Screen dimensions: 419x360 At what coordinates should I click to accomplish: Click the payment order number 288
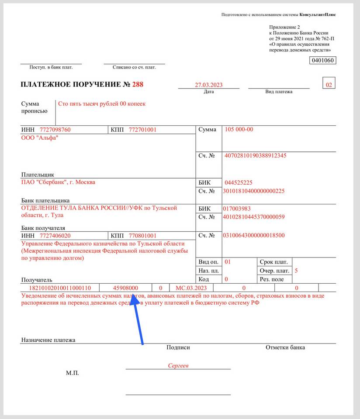click(x=138, y=84)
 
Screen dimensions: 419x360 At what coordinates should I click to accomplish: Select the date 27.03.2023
click(x=209, y=85)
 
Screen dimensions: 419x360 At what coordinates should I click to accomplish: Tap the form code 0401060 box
click(x=323, y=61)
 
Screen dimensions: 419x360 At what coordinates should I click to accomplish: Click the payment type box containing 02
click(x=329, y=84)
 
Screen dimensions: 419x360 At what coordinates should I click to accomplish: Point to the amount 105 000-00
click(x=239, y=129)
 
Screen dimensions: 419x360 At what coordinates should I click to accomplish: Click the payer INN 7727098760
click(x=55, y=130)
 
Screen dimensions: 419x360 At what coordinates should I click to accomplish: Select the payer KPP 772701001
click(x=142, y=130)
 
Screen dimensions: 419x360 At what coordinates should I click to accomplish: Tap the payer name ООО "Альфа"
click(x=40, y=138)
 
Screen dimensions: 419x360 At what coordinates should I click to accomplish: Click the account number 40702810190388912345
click(x=256, y=155)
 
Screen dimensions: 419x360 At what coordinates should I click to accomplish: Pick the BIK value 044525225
click(x=239, y=182)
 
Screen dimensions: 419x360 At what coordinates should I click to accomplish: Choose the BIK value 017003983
click(x=237, y=209)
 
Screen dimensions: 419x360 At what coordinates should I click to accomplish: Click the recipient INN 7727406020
click(x=55, y=235)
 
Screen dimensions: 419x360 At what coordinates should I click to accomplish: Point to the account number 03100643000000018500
click(x=254, y=235)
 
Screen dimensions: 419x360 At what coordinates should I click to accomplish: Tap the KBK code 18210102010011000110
click(x=60, y=288)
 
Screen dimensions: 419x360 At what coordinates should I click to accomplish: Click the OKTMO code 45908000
click(x=126, y=288)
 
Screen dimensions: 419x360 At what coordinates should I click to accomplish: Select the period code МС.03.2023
click(x=191, y=288)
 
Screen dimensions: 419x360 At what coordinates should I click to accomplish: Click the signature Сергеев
click(x=178, y=366)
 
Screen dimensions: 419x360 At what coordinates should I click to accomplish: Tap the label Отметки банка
click(x=285, y=347)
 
